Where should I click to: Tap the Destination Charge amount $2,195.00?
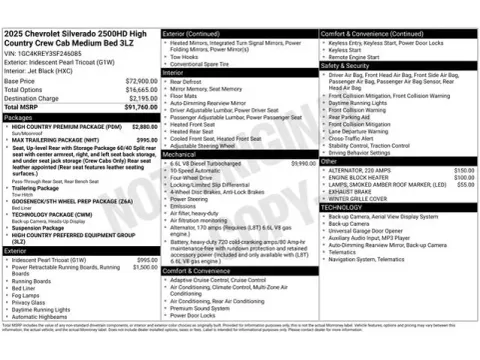click(x=138, y=98)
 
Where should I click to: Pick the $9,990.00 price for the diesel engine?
click(x=302, y=162)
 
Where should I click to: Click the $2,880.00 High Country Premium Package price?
click(x=143, y=126)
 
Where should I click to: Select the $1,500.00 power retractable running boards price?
click(x=145, y=267)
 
